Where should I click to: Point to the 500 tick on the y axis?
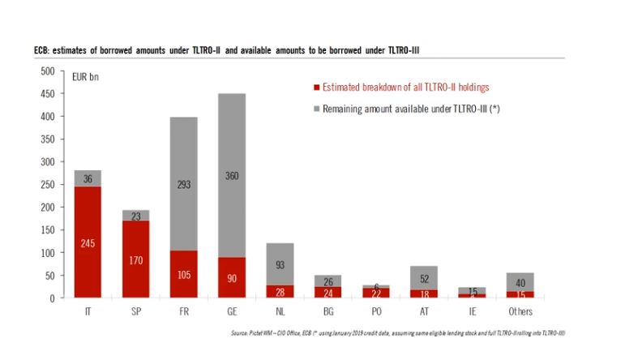pos(47,71)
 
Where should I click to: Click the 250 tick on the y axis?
pos(47,185)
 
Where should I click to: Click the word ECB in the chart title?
pos(32,51)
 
